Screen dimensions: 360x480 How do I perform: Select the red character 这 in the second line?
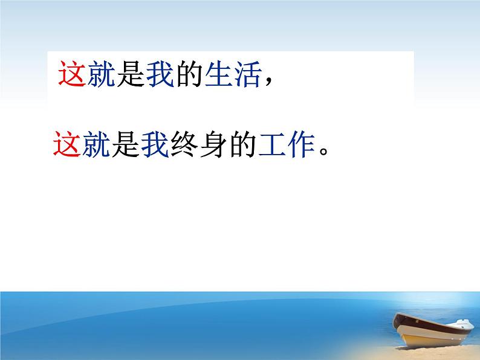(x=66, y=145)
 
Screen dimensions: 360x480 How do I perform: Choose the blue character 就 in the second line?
(x=96, y=145)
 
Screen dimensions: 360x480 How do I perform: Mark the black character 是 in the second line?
(x=125, y=145)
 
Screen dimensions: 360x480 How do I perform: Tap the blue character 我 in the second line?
(x=155, y=145)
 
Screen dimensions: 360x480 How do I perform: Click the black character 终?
(x=184, y=145)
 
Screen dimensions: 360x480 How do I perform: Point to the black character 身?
(x=214, y=145)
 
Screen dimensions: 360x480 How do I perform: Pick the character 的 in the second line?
(x=244, y=145)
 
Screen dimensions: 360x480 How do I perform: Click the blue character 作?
(x=302, y=145)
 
